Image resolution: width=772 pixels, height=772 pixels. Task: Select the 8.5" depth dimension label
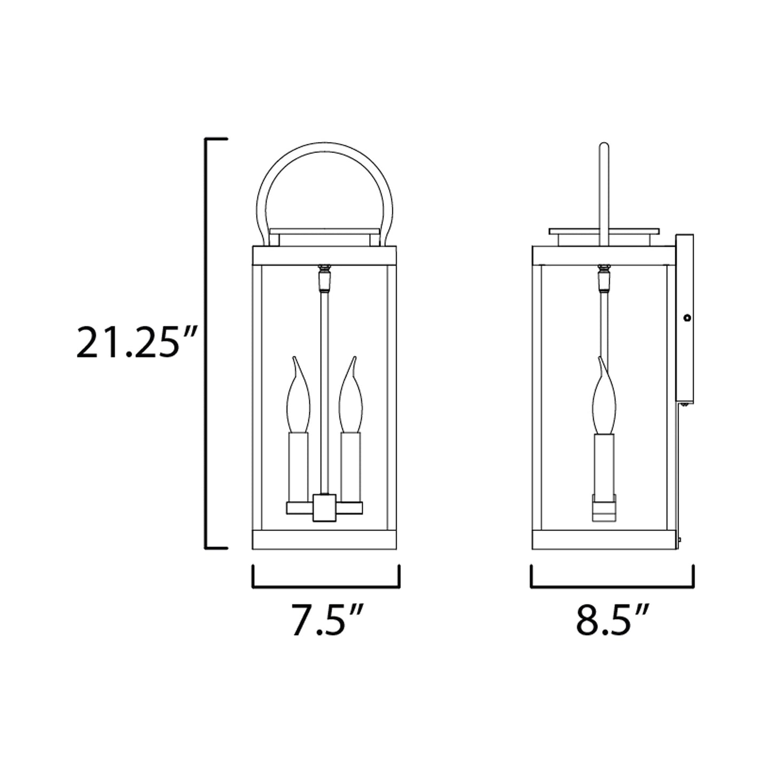[612, 619]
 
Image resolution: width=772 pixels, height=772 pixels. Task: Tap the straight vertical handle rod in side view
[604, 187]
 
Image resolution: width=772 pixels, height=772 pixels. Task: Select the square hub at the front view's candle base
[324, 507]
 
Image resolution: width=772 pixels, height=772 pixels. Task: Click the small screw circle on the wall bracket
[688, 318]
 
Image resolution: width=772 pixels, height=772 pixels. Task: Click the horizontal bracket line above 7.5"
[325, 586]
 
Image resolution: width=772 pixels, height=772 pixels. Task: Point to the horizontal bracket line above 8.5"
[612, 586]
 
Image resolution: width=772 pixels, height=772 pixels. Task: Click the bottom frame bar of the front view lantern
[325, 540]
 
